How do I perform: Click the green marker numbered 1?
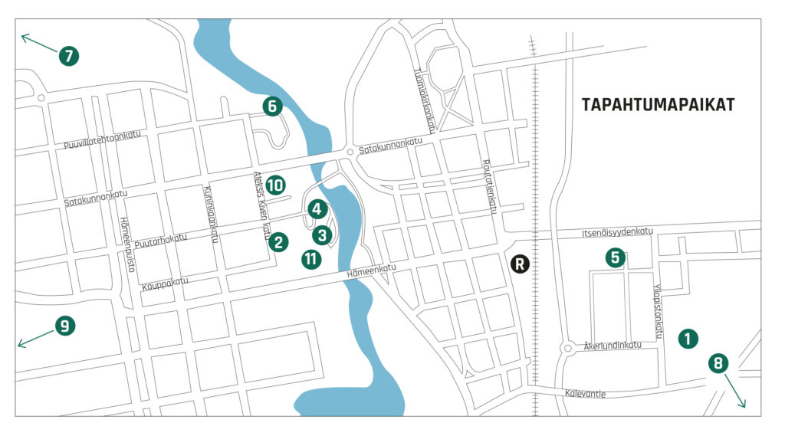688,337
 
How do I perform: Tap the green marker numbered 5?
614,257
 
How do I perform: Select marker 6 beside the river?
271,107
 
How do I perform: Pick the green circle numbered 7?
69,55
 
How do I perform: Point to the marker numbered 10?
276,185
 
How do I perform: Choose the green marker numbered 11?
310,259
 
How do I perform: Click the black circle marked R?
521,264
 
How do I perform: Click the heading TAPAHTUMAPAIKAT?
658,105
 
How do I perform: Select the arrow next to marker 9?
34,338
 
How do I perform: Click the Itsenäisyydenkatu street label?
616,231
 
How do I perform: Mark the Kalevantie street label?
584,394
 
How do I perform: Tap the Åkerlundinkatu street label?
612,345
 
